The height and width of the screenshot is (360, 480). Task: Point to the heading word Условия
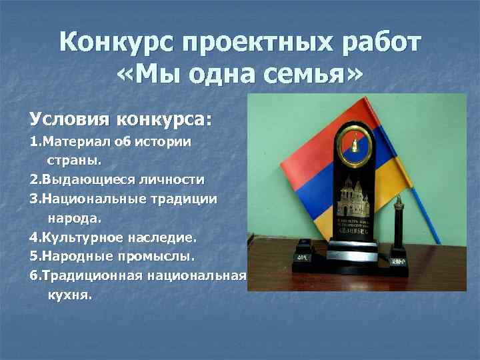[x=69, y=120]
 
